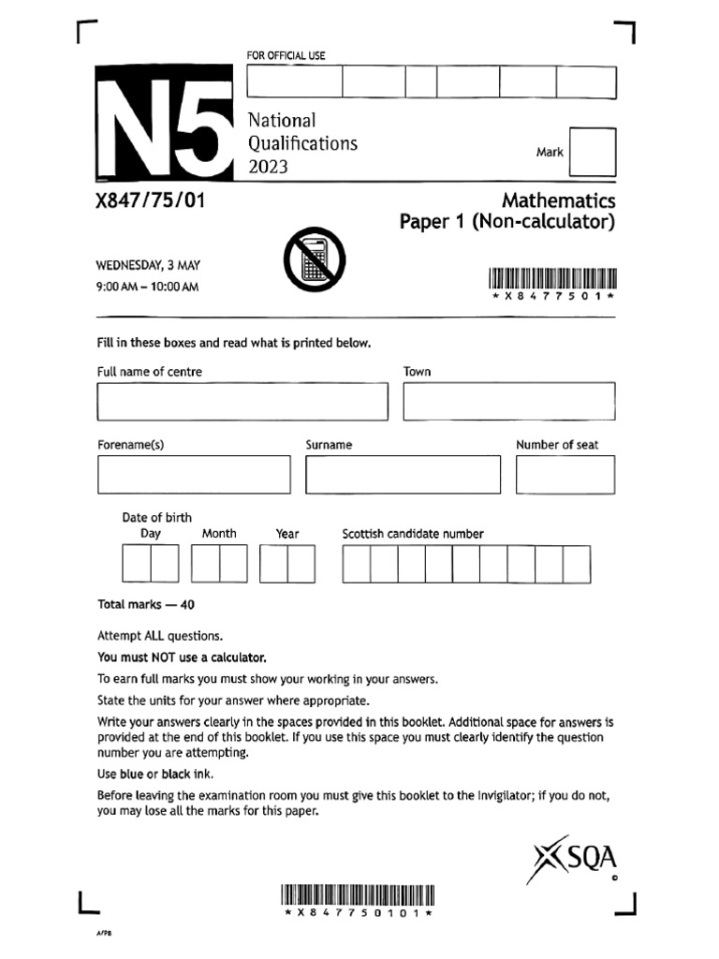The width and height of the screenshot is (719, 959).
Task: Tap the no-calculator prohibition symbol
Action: click(x=314, y=258)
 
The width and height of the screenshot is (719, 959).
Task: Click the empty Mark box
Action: click(x=593, y=152)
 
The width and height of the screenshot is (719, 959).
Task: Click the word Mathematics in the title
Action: click(x=559, y=200)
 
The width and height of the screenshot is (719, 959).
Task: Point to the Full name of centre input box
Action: click(x=242, y=401)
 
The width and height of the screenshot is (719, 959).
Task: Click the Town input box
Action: click(x=509, y=401)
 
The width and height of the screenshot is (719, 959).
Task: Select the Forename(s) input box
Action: click(x=194, y=474)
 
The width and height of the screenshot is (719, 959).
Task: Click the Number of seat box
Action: click(x=565, y=474)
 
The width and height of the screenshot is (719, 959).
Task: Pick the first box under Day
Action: click(x=136, y=564)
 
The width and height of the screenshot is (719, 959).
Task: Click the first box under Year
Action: click(x=273, y=564)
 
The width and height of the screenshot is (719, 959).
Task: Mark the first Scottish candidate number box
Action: click(x=356, y=564)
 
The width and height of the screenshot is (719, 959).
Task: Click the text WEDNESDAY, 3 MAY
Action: click(x=149, y=266)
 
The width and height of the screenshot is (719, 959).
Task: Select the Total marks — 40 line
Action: click(x=146, y=604)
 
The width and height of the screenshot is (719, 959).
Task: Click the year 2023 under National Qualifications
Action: click(x=268, y=168)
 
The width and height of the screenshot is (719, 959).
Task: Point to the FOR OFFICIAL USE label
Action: click(x=286, y=56)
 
